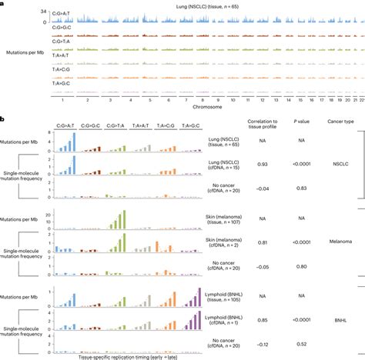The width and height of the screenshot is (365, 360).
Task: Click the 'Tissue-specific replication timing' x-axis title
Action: point(113,357)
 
